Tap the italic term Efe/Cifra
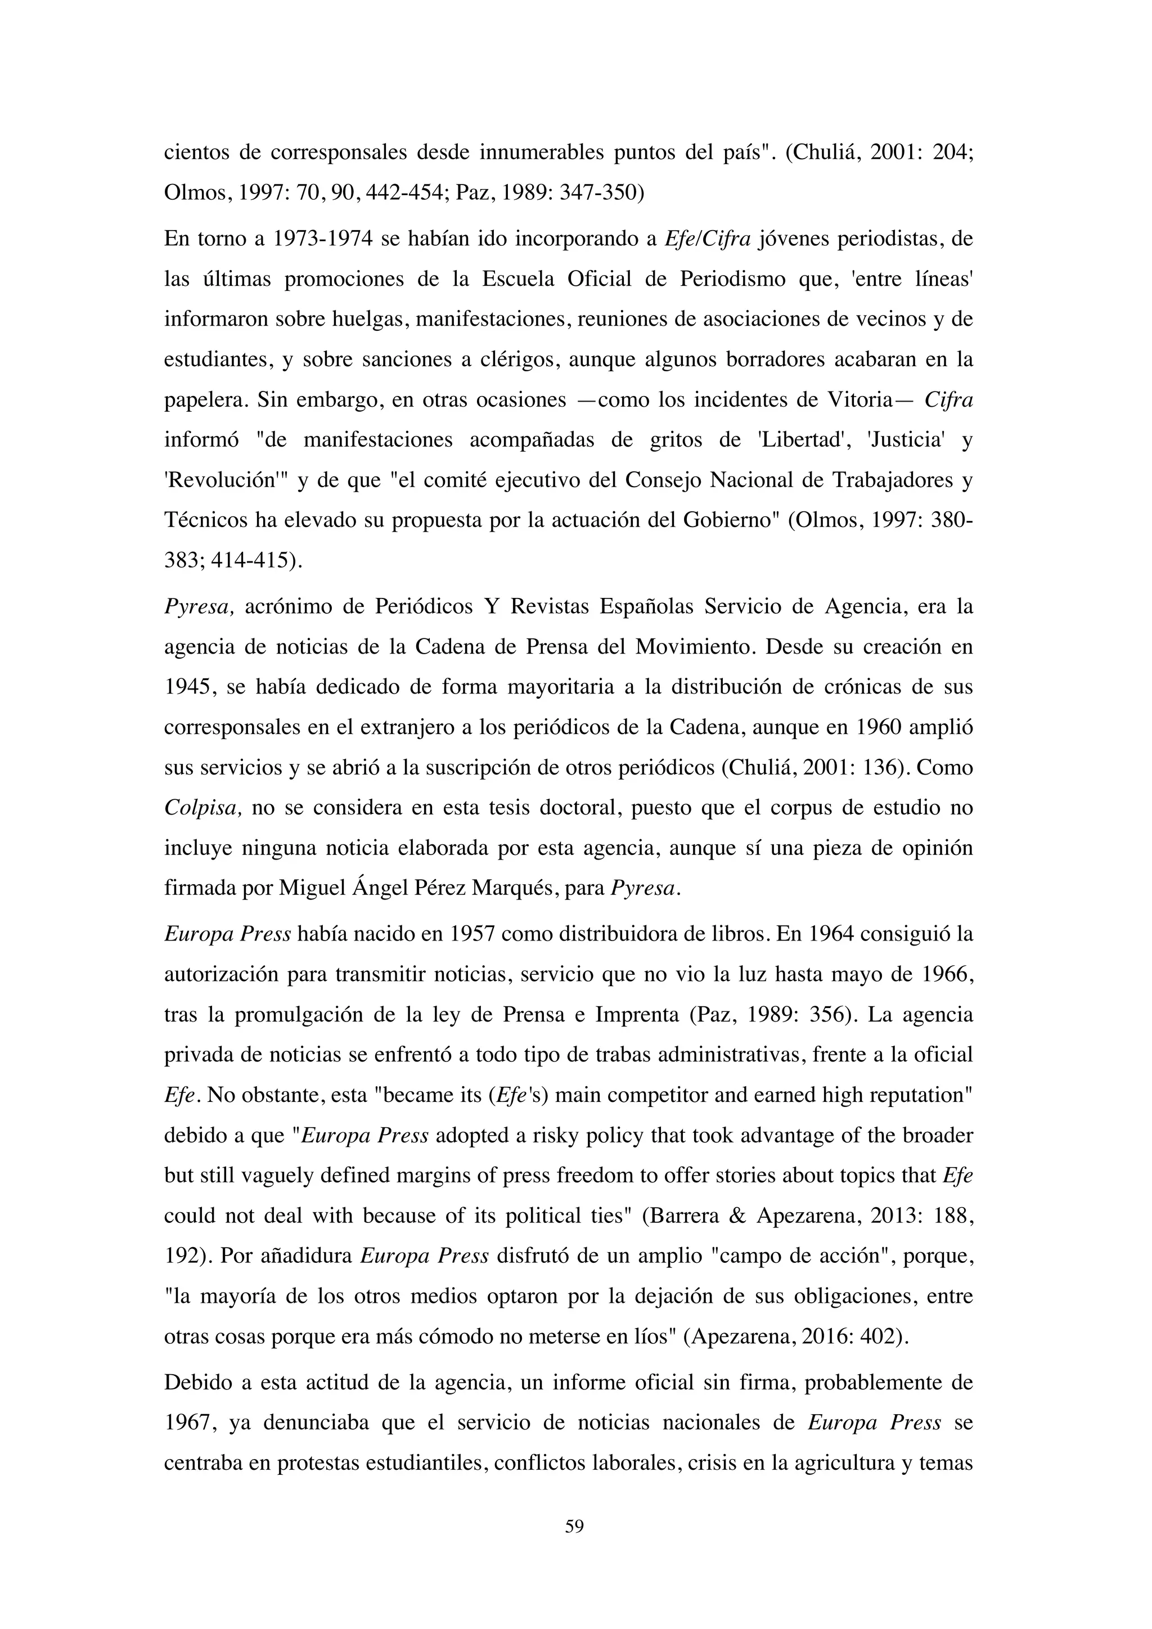[707, 239]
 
